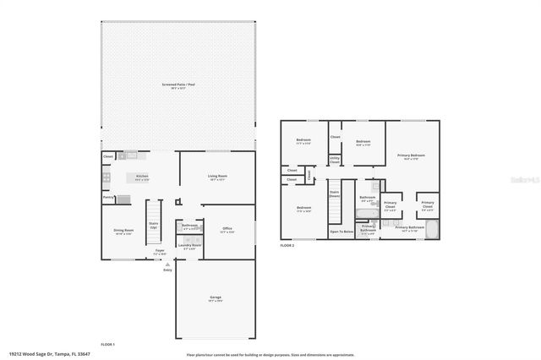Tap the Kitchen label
tap(143, 177)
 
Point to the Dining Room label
tap(123, 231)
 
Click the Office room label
tap(227, 229)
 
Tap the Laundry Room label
tap(190, 246)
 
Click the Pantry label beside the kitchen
tap(108, 197)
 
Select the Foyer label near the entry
tap(159, 251)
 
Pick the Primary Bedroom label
tap(412, 156)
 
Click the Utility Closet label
tap(335, 159)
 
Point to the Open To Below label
tap(341, 231)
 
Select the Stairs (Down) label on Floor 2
tap(335, 194)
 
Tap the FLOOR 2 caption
tap(288, 245)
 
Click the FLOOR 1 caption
tap(107, 344)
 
